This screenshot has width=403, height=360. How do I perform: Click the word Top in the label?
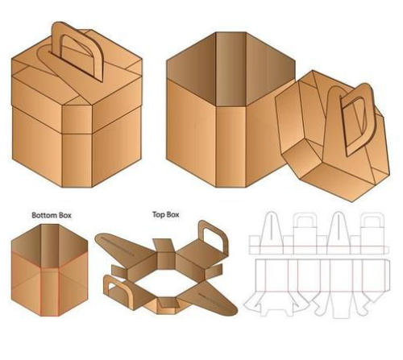point(159,215)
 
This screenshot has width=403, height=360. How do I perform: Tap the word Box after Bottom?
point(64,215)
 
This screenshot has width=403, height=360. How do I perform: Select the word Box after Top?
point(172,215)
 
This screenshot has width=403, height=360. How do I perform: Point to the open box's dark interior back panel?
point(231,68)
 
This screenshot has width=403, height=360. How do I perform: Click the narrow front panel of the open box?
point(231,147)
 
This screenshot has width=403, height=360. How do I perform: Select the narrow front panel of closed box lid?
point(77,119)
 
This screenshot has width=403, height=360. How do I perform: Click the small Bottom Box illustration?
point(49,270)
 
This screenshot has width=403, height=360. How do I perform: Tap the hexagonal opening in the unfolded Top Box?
point(166,283)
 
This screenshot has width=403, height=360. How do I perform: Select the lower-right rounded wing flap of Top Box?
point(210,300)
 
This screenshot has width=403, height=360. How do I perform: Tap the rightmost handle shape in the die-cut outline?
point(372,231)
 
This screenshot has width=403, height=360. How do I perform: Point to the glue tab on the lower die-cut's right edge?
point(387,275)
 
